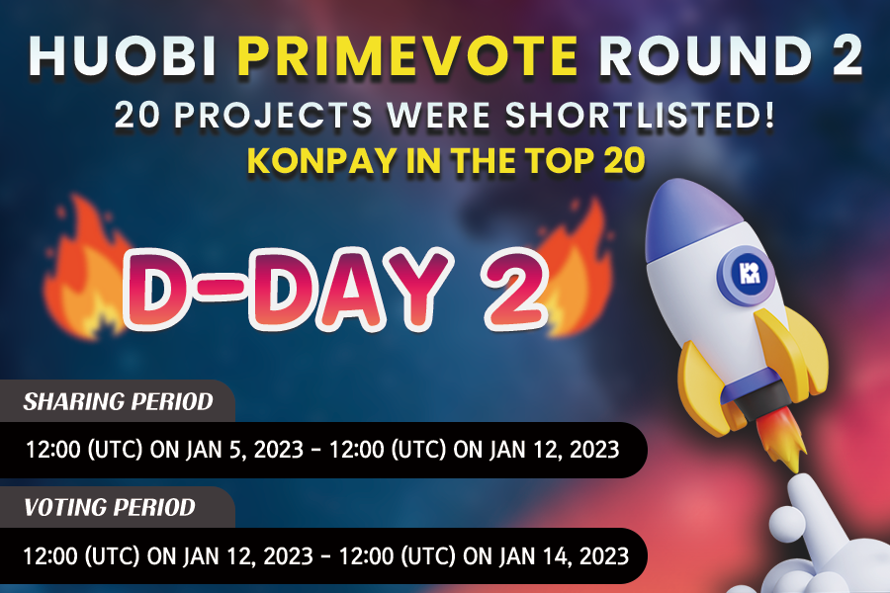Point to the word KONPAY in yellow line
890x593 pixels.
tap(316, 161)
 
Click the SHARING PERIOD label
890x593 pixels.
tap(119, 402)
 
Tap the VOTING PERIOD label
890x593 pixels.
tap(110, 508)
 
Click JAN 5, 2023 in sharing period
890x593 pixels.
tap(230, 450)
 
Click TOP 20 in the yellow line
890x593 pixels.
tap(590, 161)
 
